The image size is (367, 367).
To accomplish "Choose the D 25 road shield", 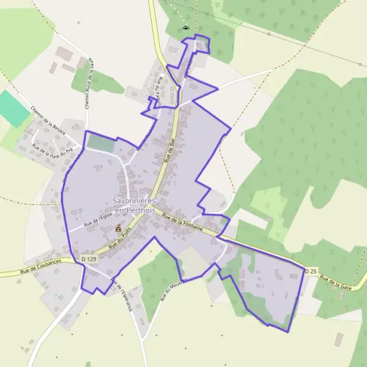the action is [312, 270].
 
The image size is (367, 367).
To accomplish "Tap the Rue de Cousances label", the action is [40, 262].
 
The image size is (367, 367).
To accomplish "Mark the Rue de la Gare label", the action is [337, 282].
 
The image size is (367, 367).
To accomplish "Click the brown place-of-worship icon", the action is [117, 228].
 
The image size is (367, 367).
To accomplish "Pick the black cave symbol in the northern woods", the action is [186, 28].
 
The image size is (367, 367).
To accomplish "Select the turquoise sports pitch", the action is [13, 108].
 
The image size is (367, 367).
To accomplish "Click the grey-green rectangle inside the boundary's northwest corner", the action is [100, 144].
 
